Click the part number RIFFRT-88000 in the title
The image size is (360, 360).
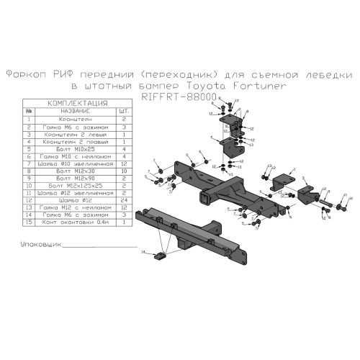coord(179,96)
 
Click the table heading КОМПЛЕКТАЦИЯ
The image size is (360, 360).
coord(77,104)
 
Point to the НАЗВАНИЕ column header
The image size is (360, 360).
coord(75,112)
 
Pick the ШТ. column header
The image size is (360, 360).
coord(125,112)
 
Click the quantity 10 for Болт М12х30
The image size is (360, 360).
coord(125,171)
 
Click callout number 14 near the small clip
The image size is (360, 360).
coord(143,252)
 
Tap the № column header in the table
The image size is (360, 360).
coord(28,112)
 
